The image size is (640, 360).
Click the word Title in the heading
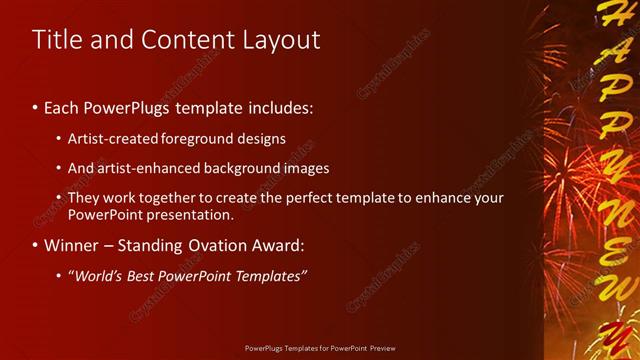[x=56, y=40]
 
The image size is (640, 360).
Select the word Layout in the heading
[x=282, y=40]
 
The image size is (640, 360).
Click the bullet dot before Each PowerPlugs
[x=36, y=106]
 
